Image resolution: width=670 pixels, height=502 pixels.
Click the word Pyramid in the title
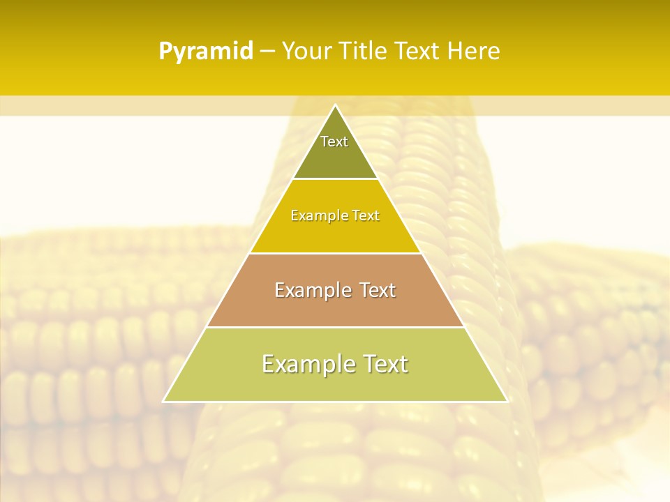(x=206, y=52)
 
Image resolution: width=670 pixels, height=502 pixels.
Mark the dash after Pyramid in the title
(x=267, y=52)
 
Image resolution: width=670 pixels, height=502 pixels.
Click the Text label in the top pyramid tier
(x=334, y=142)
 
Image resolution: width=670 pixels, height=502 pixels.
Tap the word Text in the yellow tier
(x=366, y=216)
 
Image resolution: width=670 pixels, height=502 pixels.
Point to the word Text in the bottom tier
(x=382, y=364)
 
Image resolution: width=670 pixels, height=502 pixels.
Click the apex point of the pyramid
(x=335, y=105)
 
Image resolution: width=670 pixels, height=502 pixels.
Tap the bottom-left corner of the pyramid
(x=163, y=402)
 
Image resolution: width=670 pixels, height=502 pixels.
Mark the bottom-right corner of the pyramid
(x=507, y=402)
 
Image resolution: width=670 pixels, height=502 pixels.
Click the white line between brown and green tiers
(x=335, y=327)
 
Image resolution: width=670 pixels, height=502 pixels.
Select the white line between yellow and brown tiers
(x=335, y=253)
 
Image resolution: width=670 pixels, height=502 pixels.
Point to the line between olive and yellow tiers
(x=335, y=179)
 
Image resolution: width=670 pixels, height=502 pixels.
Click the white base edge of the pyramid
(x=335, y=402)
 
